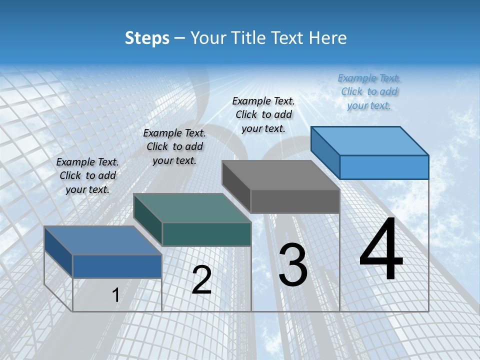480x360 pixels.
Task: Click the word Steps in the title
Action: tap(147, 38)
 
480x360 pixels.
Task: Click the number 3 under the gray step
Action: tap(293, 265)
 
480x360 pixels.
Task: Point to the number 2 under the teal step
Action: tap(201, 280)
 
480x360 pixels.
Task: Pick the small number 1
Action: tap(115, 295)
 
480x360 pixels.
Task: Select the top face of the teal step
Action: tap(192, 208)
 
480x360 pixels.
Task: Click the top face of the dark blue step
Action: tap(103, 240)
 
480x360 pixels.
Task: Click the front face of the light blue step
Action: tap(384, 167)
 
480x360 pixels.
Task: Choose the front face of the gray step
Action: tap(295, 201)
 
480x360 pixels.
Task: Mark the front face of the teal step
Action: tap(206, 234)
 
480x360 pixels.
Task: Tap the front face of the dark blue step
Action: tap(117, 266)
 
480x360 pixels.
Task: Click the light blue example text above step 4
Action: tap(369, 91)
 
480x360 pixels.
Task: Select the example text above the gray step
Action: tap(263, 114)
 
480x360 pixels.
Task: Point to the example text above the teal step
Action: tap(174, 146)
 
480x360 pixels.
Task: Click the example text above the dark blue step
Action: tap(87, 175)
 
